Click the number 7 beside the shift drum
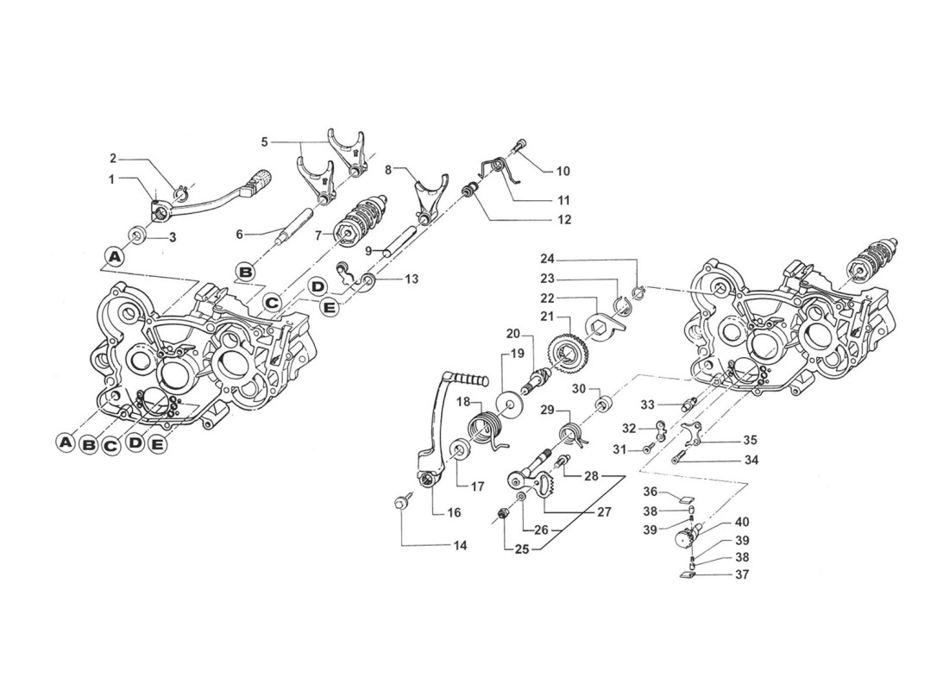[x=317, y=235]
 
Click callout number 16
[x=454, y=512]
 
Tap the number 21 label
[x=547, y=317]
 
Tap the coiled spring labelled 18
[x=486, y=427]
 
